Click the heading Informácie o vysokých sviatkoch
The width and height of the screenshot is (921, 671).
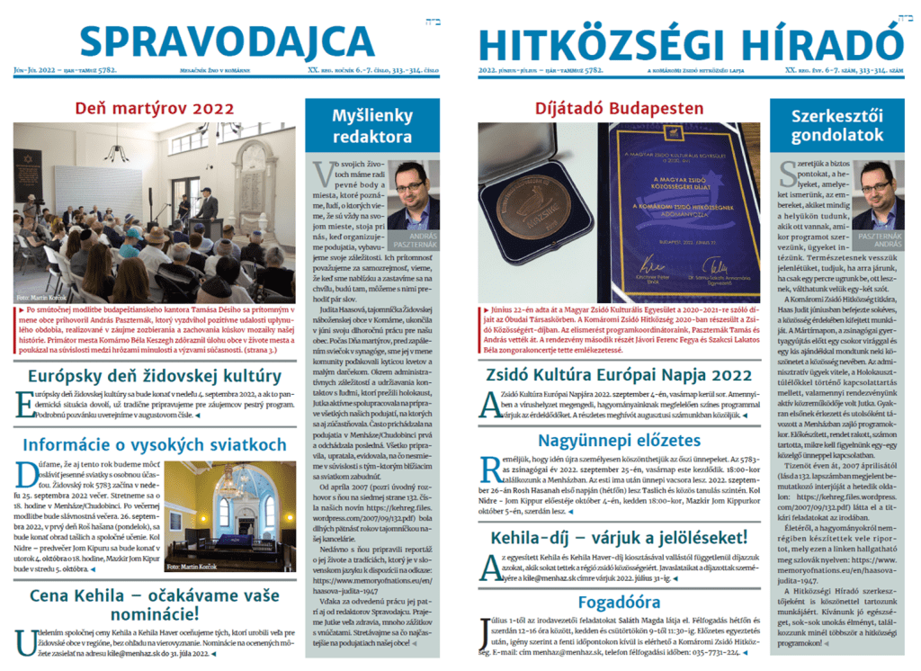155,444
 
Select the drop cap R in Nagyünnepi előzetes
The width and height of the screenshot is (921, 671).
491,470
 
